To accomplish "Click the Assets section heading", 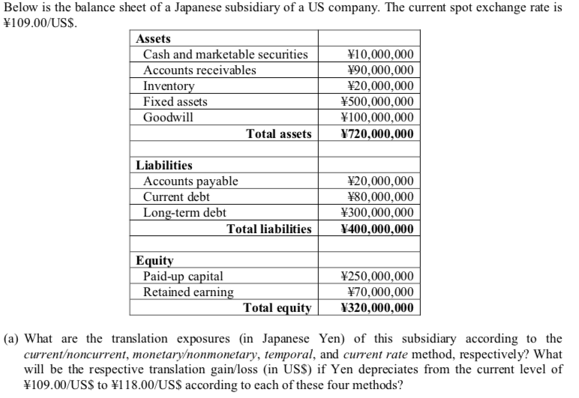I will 153,38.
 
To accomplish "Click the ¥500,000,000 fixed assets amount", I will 376,101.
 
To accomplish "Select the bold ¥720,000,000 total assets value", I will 376,134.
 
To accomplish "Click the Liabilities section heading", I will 163,165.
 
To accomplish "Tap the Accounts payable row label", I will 190,181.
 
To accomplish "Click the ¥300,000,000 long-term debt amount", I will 376,212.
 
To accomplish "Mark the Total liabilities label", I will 269,229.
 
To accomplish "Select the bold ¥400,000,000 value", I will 376,229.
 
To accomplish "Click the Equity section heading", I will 154,261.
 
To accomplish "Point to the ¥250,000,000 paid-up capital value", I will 376,276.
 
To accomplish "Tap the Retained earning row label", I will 187,292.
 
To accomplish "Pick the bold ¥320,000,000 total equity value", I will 376,307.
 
